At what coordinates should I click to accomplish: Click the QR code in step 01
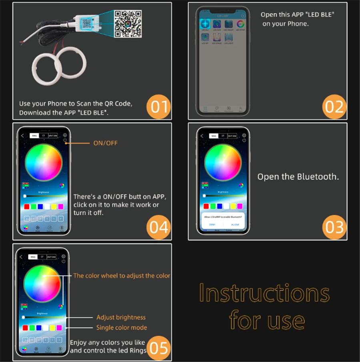coord(128,24)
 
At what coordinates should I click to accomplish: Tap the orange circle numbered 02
coord(334,106)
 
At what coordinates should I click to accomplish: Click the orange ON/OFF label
coord(105,143)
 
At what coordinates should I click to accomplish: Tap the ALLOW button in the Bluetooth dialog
coord(235,225)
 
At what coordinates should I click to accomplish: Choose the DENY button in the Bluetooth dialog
coord(212,225)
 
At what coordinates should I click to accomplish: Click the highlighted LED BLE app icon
coord(205,24)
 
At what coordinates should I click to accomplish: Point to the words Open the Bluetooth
coord(298,177)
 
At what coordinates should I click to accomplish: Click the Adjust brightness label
coord(121,317)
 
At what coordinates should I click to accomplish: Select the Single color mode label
coord(122,328)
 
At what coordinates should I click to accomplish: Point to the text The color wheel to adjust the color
coord(122,276)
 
